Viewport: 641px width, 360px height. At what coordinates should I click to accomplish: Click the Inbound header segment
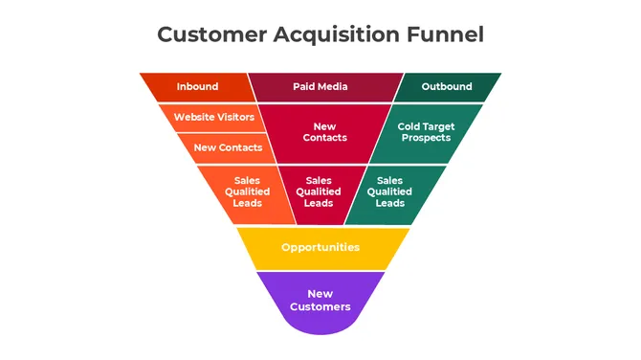[x=197, y=87]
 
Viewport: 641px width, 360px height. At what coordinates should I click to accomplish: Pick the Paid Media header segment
[x=320, y=87]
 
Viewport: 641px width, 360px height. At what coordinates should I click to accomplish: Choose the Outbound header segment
[x=447, y=87]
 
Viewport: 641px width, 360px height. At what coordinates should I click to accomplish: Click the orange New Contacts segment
[x=228, y=147]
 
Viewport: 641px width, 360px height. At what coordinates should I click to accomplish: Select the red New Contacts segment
[x=325, y=132]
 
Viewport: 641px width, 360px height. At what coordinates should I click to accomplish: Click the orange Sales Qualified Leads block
[x=247, y=191]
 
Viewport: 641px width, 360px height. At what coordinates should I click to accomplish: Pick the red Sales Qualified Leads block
[x=319, y=191]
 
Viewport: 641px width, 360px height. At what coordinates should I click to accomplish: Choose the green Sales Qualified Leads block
[x=390, y=191]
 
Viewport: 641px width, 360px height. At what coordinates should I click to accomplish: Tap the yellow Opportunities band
[x=320, y=248]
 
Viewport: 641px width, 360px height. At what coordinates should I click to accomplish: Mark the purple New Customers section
[x=320, y=301]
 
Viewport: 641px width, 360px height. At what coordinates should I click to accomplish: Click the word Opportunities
[x=320, y=248]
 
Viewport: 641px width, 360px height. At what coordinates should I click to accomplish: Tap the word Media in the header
[x=333, y=87]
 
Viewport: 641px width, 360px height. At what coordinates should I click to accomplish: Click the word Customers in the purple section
[x=320, y=307]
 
